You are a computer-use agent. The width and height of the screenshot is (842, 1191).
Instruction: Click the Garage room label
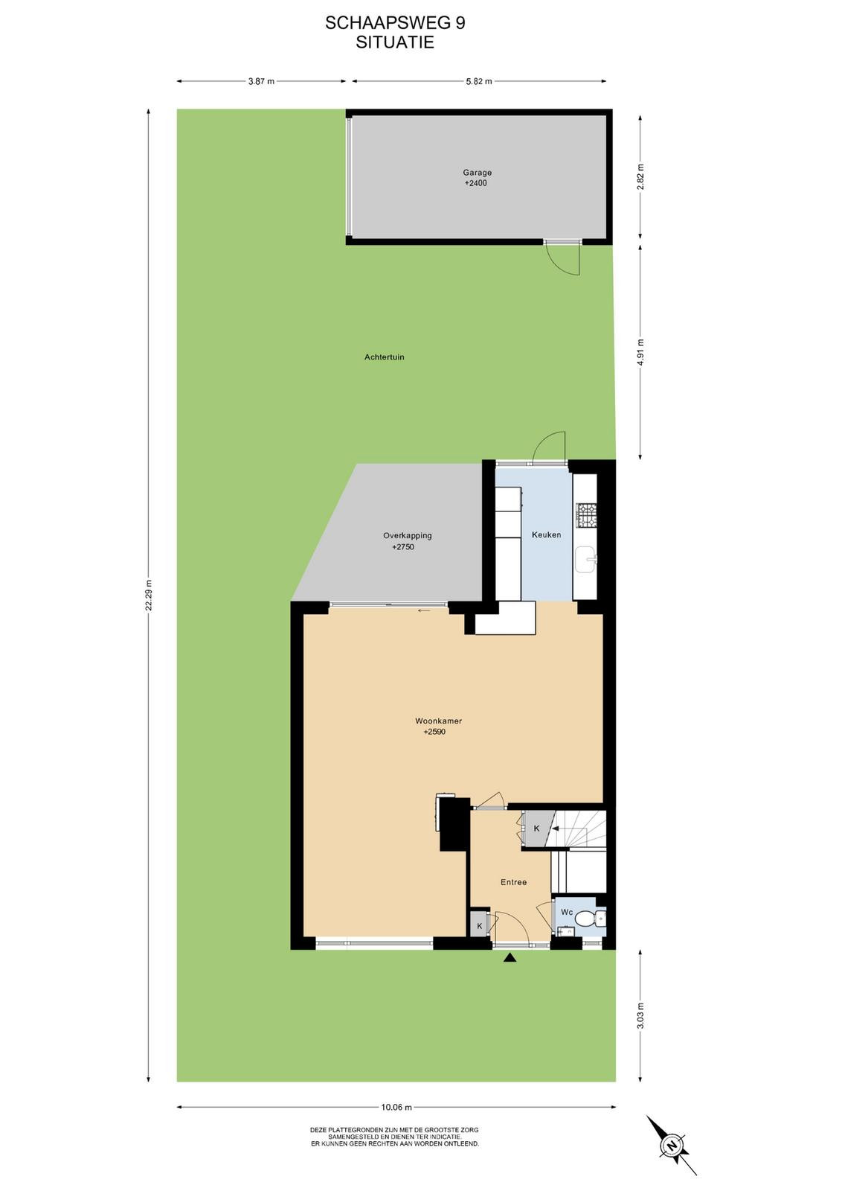477,172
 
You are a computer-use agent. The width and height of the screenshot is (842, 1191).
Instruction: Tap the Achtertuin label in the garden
384,357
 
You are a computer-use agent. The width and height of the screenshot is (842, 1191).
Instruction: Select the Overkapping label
408,535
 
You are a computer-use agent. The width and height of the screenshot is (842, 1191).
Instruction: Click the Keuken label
546,535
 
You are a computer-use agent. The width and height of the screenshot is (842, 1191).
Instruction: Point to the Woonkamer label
438,721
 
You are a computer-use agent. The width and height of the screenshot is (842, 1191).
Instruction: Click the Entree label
514,882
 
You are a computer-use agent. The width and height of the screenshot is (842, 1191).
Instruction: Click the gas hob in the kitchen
586,515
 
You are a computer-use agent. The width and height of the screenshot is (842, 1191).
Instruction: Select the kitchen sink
586,559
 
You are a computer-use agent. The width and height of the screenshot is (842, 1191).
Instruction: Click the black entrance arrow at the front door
510,957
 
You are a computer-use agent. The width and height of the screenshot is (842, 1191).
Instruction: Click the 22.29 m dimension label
149,595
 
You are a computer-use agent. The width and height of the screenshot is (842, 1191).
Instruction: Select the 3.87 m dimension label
261,81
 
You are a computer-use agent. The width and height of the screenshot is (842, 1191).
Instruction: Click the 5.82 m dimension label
478,81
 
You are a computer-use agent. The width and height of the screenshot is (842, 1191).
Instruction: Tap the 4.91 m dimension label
640,352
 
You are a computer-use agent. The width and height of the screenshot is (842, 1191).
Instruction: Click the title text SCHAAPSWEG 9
395,23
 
